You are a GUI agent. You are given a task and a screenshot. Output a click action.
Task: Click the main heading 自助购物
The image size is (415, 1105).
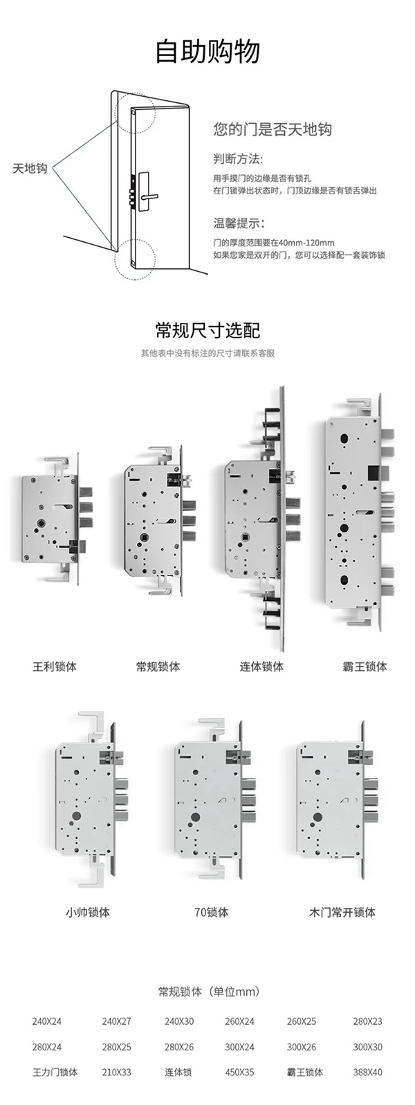(x=207, y=51)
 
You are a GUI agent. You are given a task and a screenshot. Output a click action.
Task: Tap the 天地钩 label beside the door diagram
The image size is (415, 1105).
(x=29, y=168)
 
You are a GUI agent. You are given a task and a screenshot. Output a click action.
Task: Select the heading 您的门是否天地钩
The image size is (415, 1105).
(x=273, y=129)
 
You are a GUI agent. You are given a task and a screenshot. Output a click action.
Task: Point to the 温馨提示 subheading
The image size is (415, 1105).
(x=239, y=223)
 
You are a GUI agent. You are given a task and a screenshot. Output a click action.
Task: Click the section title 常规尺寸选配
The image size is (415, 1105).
(x=207, y=330)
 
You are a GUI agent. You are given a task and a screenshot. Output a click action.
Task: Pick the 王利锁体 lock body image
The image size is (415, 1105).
(x=52, y=518)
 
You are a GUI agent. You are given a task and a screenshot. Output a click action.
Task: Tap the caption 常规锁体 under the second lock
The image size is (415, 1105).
(x=158, y=667)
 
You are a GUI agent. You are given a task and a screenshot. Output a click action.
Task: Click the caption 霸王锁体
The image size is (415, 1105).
(x=365, y=667)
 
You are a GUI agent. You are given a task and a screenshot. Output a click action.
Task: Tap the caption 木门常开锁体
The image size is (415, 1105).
(x=342, y=912)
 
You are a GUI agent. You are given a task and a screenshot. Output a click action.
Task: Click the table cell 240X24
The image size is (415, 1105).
(x=47, y=1021)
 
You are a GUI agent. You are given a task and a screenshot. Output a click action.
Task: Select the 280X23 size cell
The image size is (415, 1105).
(x=367, y=1021)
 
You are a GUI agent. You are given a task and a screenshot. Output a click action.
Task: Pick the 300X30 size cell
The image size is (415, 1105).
(x=367, y=1047)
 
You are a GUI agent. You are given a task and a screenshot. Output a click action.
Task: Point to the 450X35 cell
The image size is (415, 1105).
(x=239, y=1072)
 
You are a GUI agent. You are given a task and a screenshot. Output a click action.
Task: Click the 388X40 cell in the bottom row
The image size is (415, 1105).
(x=367, y=1072)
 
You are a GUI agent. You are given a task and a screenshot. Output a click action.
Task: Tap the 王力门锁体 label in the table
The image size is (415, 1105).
(x=55, y=1072)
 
